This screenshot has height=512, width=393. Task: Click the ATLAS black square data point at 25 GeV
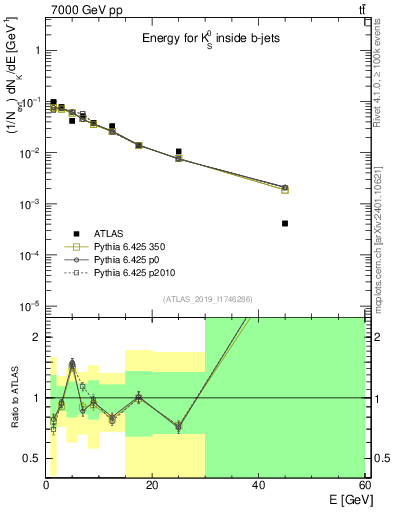pyautogui.click(x=178, y=152)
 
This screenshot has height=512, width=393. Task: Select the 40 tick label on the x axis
pyautogui.click(x=258, y=485)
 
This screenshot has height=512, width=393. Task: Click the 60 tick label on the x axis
pyautogui.click(x=363, y=485)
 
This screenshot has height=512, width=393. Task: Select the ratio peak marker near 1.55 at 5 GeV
pyautogui.click(x=72, y=363)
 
